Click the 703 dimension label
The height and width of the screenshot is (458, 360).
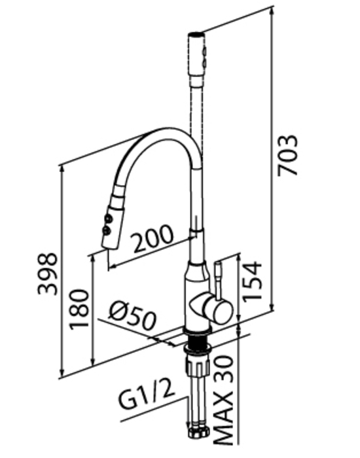click(x=287, y=155)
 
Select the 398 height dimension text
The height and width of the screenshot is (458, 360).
click(x=48, y=273)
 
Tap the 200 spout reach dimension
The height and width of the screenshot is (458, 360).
click(x=153, y=238)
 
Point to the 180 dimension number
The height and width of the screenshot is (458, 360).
click(x=79, y=309)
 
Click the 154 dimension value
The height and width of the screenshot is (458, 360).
click(x=251, y=281)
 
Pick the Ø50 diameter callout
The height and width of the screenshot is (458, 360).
click(x=132, y=315)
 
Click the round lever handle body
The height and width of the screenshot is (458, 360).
click(x=218, y=309)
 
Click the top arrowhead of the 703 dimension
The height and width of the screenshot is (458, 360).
click(x=272, y=9)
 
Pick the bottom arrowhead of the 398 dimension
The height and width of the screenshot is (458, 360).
click(x=62, y=373)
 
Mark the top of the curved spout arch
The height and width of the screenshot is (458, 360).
click(x=166, y=129)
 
